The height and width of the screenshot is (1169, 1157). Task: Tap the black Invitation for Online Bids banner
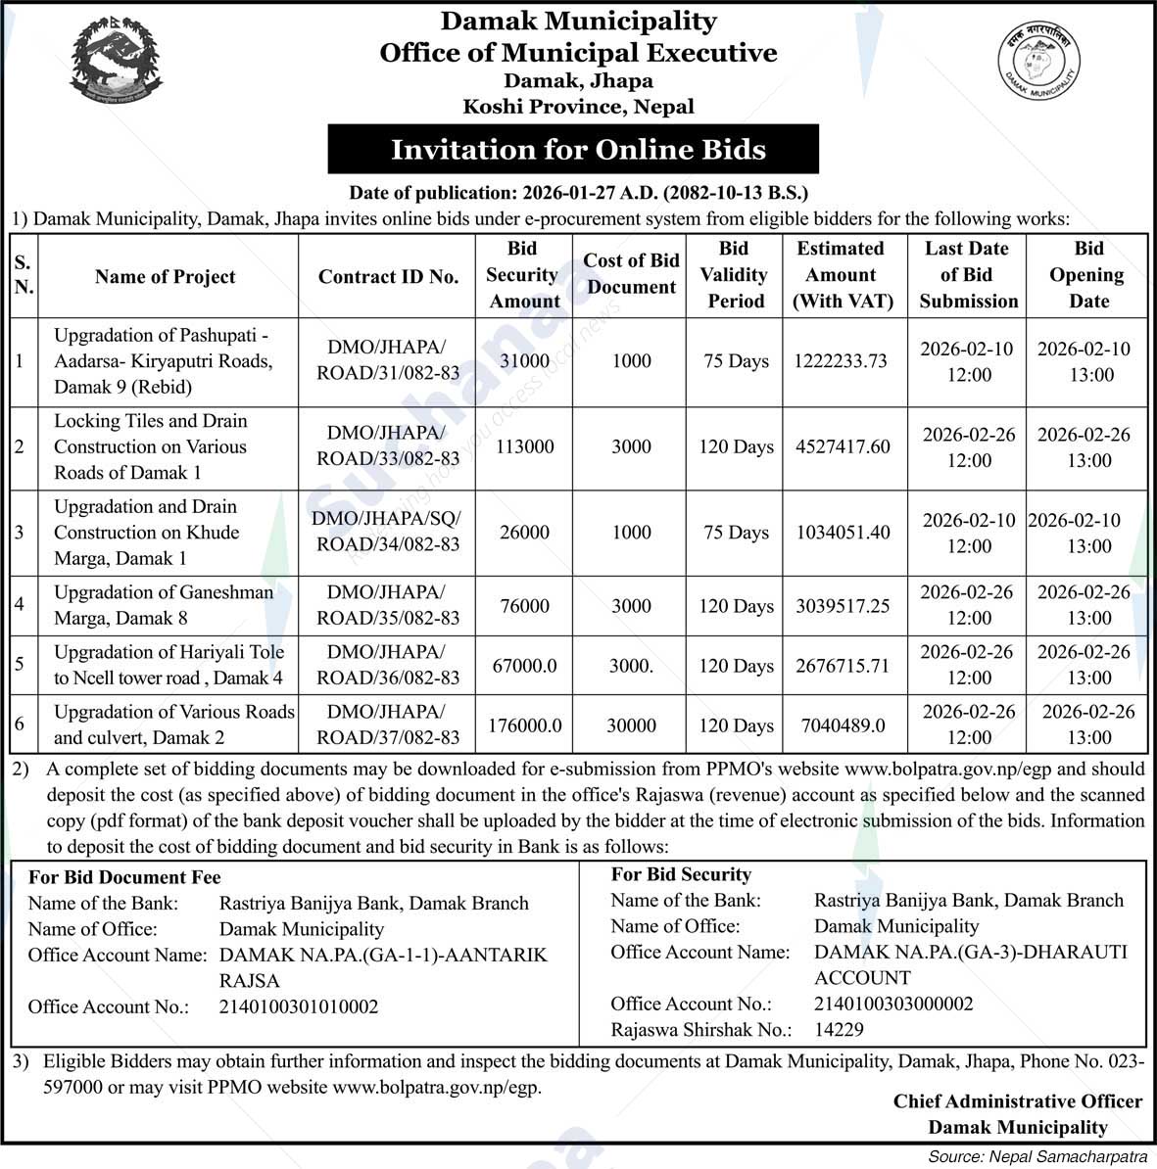pyautogui.click(x=572, y=150)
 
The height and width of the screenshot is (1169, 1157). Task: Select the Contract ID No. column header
pyautogui.click(x=388, y=277)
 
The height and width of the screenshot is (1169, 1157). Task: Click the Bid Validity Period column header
pyautogui.click(x=734, y=275)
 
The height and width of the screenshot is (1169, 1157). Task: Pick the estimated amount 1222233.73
pyautogui.click(x=841, y=361)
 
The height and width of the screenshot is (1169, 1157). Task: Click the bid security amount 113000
pyautogui.click(x=524, y=446)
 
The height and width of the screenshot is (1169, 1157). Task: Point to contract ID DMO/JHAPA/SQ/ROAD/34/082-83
pyautogui.click(x=387, y=532)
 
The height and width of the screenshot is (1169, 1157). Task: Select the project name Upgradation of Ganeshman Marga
pyautogui.click(x=163, y=605)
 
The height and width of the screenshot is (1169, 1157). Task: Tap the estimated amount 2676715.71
pyautogui.click(x=843, y=666)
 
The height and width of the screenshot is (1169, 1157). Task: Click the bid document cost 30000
pyautogui.click(x=631, y=725)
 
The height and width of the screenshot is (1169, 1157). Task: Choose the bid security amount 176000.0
pyautogui.click(x=525, y=725)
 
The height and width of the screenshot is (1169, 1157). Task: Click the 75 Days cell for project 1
pyautogui.click(x=736, y=361)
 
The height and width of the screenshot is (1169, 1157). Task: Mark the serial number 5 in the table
pyautogui.click(x=20, y=666)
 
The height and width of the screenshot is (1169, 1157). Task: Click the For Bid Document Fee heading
pyautogui.click(x=124, y=877)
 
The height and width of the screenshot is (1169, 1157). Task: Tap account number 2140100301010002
pyautogui.click(x=299, y=1006)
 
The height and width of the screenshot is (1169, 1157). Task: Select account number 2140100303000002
pyautogui.click(x=893, y=1004)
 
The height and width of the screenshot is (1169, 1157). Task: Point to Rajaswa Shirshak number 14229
pyautogui.click(x=839, y=1029)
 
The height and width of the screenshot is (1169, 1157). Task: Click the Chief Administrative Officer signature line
pyautogui.click(x=1017, y=1101)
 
